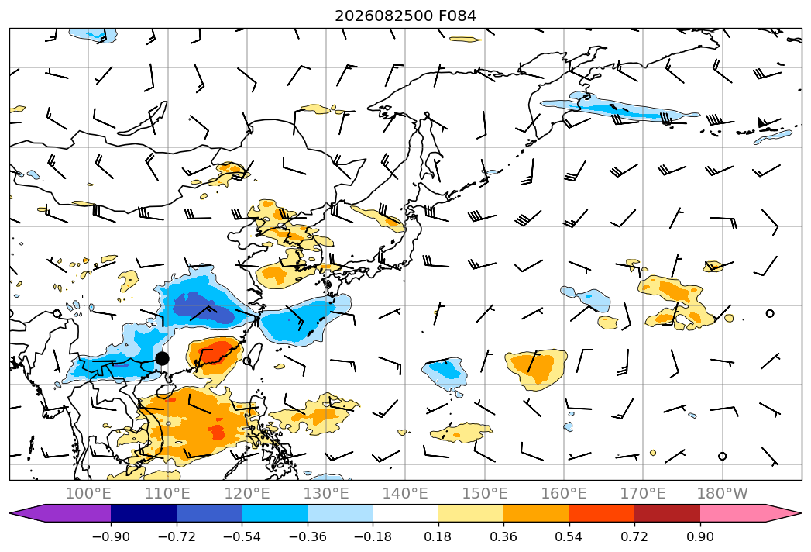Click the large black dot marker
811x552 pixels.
pos(162,358)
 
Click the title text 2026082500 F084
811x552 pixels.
pos(406,16)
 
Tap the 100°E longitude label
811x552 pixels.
pos(88,493)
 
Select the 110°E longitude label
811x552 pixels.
pos(167,493)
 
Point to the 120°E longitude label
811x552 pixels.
pos(247,493)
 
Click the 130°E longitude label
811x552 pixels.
pos(326,493)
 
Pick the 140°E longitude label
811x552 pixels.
pos(405,493)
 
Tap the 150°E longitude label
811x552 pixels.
pos(485,493)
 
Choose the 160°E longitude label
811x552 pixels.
pos(564,493)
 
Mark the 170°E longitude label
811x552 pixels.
pos(643,493)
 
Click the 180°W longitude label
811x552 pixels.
pos(722,493)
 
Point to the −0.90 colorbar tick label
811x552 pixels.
pos(111,536)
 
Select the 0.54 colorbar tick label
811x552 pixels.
pos(569,536)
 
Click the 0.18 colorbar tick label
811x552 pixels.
pos(438,536)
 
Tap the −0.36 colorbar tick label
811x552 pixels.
pos(308,536)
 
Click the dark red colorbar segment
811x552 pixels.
pos(667,513)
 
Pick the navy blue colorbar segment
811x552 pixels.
pos(144,513)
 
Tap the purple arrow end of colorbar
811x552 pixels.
pos(60,513)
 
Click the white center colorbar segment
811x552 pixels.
pos(406,513)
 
